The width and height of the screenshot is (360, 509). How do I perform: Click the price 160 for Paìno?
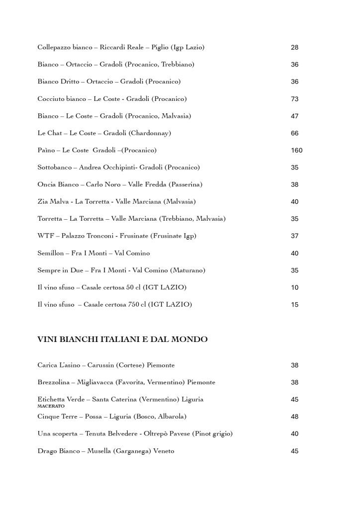pyautogui.click(x=296, y=150)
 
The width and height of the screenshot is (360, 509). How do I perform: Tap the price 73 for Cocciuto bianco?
pyautogui.click(x=294, y=99)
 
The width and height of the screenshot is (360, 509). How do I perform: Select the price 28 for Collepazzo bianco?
pyautogui.click(x=294, y=48)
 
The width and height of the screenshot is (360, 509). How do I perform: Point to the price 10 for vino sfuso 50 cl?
pyautogui.click(x=294, y=287)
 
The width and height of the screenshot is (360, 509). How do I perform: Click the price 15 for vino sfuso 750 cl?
pyautogui.click(x=294, y=305)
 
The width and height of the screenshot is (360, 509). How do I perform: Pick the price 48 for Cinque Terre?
pyautogui.click(x=294, y=417)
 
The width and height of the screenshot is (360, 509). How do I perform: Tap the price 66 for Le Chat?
pyautogui.click(x=294, y=133)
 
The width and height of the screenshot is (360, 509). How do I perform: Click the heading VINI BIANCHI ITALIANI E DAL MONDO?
pyautogui.click(x=122, y=339)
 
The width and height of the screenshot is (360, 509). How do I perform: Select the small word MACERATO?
pyautogui.click(x=51, y=406)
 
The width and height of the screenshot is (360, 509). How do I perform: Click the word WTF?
pyautogui.click(x=45, y=236)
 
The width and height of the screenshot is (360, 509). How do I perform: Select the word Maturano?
pyautogui.click(x=187, y=270)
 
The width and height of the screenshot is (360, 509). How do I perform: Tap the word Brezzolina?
pyautogui.click(x=54, y=382)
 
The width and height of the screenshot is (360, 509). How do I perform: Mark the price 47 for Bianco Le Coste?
pyautogui.click(x=294, y=116)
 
